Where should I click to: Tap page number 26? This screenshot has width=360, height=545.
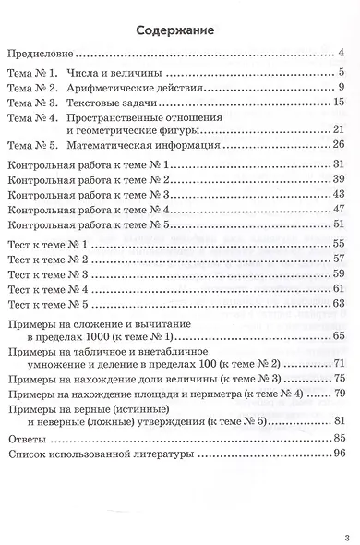click(x=338, y=145)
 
